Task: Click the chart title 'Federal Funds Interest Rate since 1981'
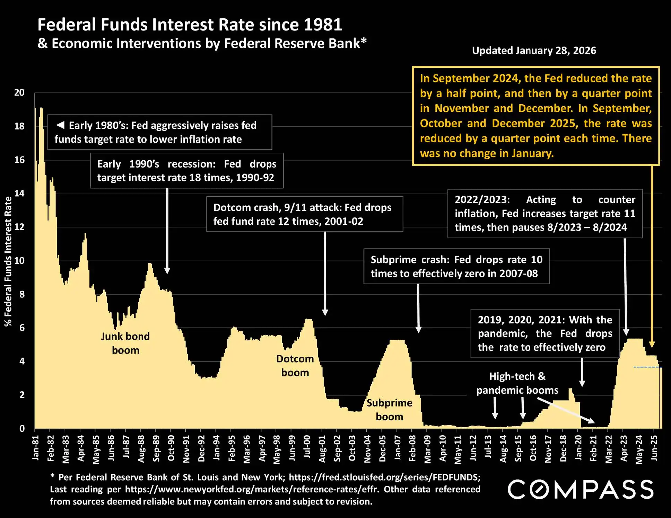coord(190,25)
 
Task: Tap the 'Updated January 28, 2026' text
coord(534,51)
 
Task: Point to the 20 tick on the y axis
coord(19,92)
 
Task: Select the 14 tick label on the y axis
coord(19,193)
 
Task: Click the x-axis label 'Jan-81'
coord(35,448)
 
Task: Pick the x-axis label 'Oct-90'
coord(171,448)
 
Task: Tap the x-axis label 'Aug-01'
coord(322,449)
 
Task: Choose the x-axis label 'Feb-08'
coord(412,449)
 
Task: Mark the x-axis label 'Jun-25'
coord(654,448)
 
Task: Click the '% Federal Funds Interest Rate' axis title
coord(8,261)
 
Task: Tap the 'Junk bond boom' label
coord(125,343)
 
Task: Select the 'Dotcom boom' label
coord(295,366)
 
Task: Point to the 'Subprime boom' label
coord(389,410)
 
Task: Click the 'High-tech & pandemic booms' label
coord(517,383)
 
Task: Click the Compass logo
coord(581,489)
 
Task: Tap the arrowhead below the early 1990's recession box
coord(167,270)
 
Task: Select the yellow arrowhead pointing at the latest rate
coord(652,344)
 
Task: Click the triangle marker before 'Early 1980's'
coord(60,125)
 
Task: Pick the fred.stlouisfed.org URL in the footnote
coord(384,477)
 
